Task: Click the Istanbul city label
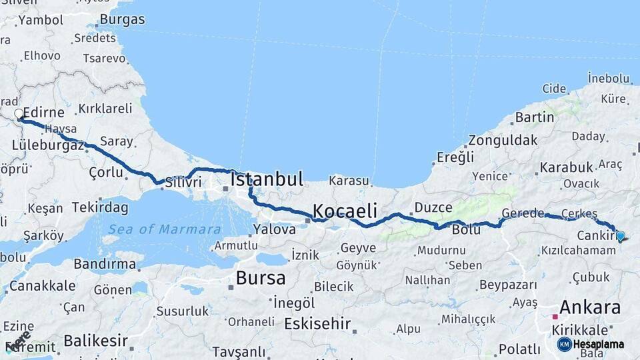[267, 179]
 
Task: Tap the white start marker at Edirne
[19, 115]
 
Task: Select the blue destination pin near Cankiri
[621, 235]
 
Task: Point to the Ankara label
[589, 307]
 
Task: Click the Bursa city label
[261, 278]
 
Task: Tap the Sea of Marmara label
[165, 229]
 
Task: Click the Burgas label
[122, 20]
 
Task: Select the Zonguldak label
[502, 141]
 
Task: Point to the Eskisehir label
[317, 324]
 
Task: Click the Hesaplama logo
[591, 344]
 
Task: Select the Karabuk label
[566, 167]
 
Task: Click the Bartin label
[534, 117]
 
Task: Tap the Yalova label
[274, 229]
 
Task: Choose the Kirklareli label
[105, 108]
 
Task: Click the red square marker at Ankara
[555, 317]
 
